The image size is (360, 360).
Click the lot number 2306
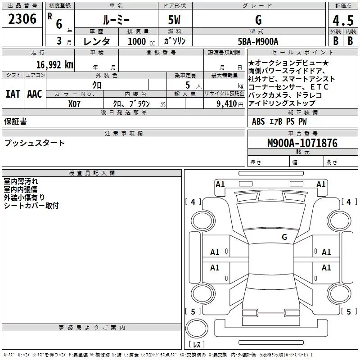(22, 19)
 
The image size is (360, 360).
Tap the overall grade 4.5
(343, 20)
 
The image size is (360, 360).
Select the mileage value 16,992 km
(55, 65)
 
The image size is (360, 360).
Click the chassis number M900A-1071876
(302, 143)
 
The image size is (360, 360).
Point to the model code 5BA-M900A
(258, 41)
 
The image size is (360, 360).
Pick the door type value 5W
(174, 20)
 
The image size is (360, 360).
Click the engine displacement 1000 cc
(141, 41)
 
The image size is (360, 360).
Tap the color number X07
(74, 104)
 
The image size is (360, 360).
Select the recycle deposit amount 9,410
(227, 104)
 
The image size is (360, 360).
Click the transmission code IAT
(13, 94)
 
